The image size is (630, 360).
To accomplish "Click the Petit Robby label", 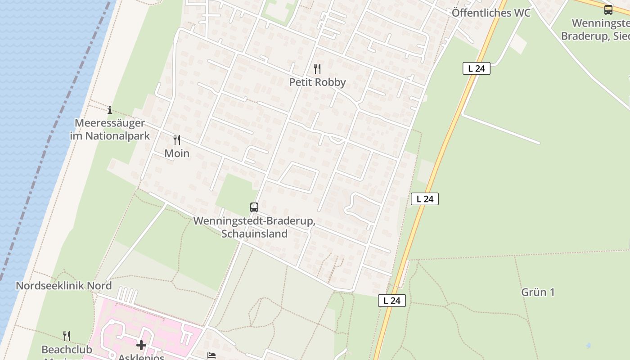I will point(317,82).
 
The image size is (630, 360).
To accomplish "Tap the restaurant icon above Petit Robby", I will point(317,69).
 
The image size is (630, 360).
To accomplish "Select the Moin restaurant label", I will point(177,153).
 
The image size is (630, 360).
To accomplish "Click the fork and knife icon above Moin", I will point(177,140).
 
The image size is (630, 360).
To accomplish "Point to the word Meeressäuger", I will point(110,123).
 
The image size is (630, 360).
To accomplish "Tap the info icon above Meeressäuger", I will point(110,110).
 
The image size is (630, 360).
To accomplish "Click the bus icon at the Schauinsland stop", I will point(254,207).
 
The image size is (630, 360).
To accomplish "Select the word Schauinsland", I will point(254,234).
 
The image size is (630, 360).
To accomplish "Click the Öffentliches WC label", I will point(491,13).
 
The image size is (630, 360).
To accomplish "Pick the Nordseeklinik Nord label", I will point(63,286).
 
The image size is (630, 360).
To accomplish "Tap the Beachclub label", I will point(67,350).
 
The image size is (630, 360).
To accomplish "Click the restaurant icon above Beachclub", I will point(67,336).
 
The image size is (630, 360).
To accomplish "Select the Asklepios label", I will point(141,356).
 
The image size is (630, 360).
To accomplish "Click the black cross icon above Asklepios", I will point(141,345).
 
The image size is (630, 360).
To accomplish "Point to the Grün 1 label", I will point(538,292).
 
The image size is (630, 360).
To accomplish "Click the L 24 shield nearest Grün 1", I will point(392,301).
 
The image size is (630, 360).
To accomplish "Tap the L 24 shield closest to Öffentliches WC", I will point(476,68).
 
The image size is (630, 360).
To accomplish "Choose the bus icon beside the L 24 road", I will point(608,9).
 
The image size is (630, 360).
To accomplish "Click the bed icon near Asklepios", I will point(211,355).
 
